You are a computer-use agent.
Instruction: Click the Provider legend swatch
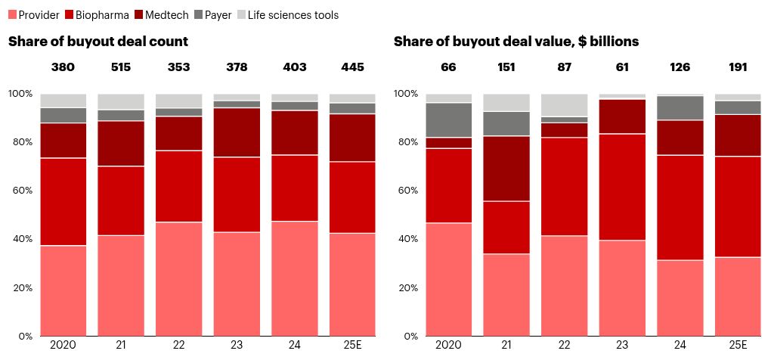coord(12,15)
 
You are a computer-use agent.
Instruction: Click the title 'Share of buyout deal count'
coord(98,42)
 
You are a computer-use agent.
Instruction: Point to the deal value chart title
coord(516,42)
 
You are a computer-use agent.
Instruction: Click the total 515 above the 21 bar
coord(121,67)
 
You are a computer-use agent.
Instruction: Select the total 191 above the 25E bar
coord(737,67)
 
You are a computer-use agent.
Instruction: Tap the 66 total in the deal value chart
coord(448,67)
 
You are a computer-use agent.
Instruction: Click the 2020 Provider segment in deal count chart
coord(63,290)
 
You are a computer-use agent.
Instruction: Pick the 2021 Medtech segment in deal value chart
coord(506,169)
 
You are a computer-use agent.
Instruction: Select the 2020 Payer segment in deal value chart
coord(448,120)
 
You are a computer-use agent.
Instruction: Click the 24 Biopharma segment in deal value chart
coord(680,207)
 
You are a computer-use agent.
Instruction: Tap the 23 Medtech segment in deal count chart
coord(237,132)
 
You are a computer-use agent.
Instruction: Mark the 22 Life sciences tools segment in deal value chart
coord(564,105)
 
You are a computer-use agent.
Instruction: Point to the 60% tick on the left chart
coord(20,191)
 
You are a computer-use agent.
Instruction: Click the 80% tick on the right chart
coord(407,142)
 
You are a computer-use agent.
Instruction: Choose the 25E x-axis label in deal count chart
coord(352,346)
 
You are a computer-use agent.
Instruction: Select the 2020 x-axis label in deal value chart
coord(448,346)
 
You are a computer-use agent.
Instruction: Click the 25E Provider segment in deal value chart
coord(737,296)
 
